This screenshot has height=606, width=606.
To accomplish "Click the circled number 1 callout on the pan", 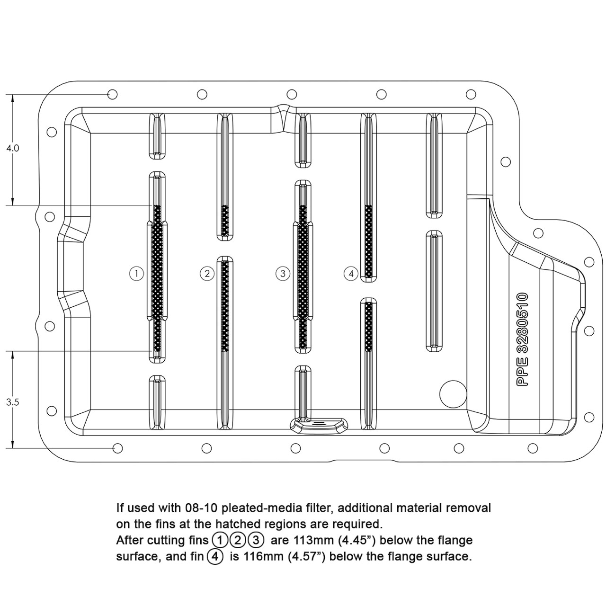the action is tap(136, 273).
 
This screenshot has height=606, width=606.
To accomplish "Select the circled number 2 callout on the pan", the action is tap(207, 273).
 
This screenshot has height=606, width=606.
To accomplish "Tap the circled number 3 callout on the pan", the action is tap(283, 273).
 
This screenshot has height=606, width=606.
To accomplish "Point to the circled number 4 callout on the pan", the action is tap(351, 273).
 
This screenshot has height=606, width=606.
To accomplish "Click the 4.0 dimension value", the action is tap(12, 148).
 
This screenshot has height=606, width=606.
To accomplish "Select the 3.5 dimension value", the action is tap(12, 402).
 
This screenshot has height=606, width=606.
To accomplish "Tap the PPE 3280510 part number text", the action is tap(522, 340).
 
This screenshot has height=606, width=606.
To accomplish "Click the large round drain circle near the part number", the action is tap(453, 392).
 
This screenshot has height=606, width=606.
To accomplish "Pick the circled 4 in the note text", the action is tap(214, 556).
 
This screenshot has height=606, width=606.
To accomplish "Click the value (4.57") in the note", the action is tap(306, 556).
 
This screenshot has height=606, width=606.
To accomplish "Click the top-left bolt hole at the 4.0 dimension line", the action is tap(113, 95).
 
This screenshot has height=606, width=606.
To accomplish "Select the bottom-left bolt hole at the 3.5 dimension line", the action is tap(118, 448).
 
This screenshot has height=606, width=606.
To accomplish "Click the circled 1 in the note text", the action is tap(220, 540).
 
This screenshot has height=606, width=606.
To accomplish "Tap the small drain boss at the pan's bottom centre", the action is tap(318, 423).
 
